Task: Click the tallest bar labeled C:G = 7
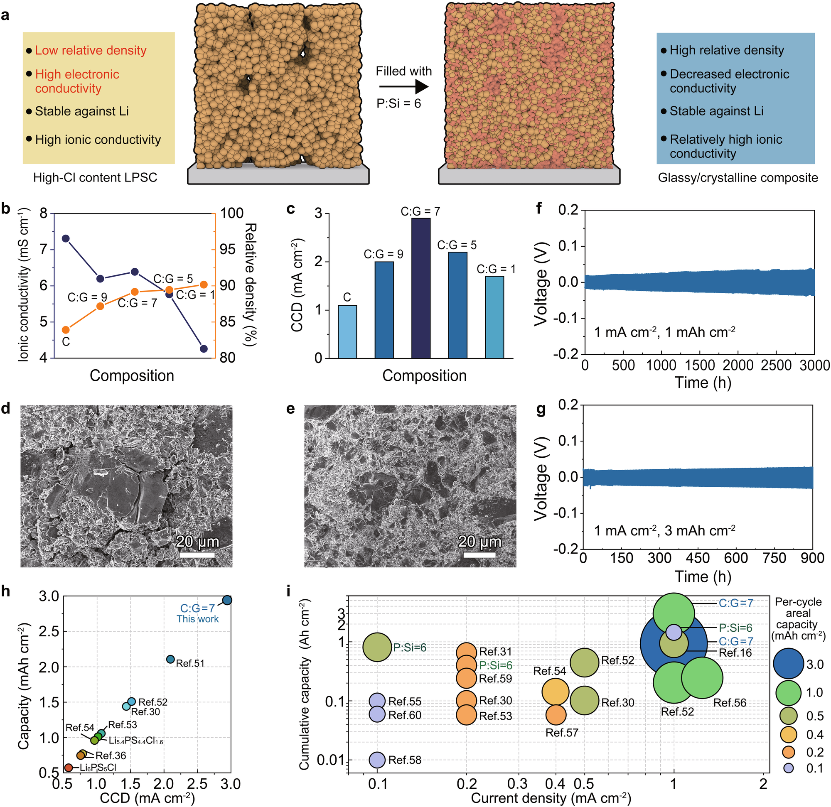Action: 420,288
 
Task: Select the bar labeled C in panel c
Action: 347,331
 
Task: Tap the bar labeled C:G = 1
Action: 494,317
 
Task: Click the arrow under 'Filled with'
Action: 403,87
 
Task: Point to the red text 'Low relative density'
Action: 90,50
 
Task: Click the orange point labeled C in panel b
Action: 66,330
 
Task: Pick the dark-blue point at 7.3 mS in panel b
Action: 66,239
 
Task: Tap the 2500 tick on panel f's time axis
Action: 776,365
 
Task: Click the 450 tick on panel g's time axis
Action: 698,558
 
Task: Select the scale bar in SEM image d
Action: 196,554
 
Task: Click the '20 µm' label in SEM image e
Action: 479,541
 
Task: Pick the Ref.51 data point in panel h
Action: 170,659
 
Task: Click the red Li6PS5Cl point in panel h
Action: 68,768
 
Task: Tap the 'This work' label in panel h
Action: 198,619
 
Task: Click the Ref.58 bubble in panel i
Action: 377,760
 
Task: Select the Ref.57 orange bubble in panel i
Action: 556,715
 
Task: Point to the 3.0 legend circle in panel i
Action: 789,664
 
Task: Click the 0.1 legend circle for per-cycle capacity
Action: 789,768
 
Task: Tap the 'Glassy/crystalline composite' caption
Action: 738,178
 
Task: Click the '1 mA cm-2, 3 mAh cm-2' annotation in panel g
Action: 664,531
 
